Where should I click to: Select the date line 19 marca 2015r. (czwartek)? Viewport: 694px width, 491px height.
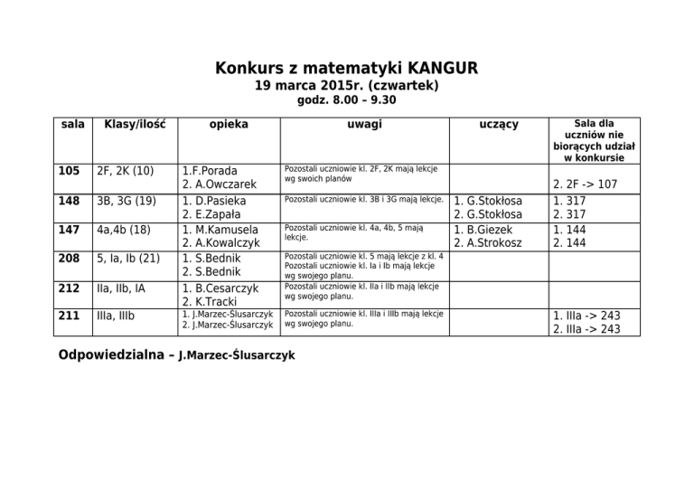coord(347,86)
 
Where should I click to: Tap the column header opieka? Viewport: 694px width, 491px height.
coord(223,124)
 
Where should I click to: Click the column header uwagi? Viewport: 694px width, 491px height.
coord(364,124)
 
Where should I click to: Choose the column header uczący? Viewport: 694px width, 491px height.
coord(499,124)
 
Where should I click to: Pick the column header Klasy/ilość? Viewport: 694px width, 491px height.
coord(135,124)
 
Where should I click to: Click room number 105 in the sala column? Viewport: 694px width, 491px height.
coord(69,169)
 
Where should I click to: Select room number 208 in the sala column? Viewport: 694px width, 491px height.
coord(69,259)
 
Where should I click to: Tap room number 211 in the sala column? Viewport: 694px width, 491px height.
coord(69,316)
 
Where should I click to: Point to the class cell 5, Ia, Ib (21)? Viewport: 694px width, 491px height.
coord(129,259)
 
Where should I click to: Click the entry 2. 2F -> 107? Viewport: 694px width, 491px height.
coord(586,184)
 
